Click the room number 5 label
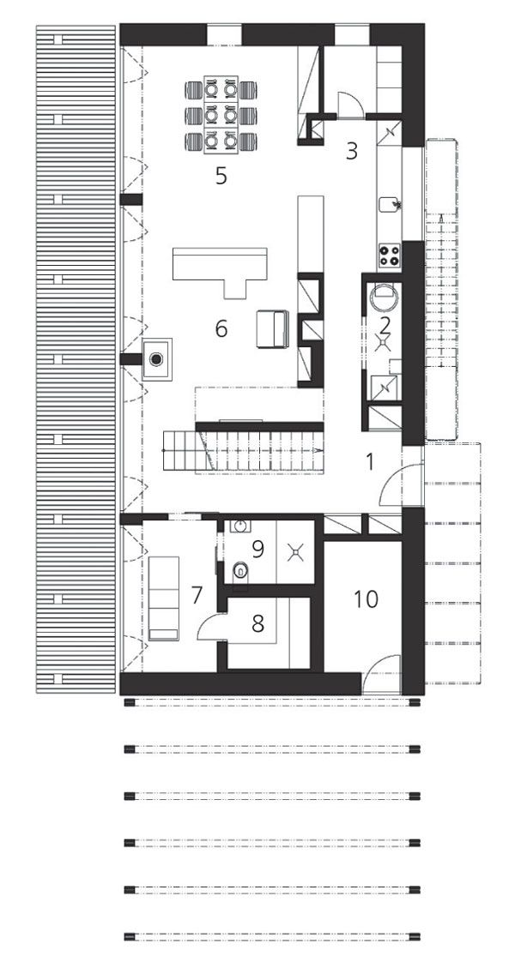click(221, 176)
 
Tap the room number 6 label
click(221, 328)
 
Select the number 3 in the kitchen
click(352, 151)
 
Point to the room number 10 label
click(366, 598)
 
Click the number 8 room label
click(257, 623)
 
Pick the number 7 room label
click(197, 594)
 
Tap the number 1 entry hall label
click(369, 461)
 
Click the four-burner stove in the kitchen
click(389, 255)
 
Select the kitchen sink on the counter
click(389, 204)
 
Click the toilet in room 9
click(239, 571)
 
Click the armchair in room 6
click(272, 328)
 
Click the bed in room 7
click(163, 598)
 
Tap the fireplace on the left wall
click(156, 358)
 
